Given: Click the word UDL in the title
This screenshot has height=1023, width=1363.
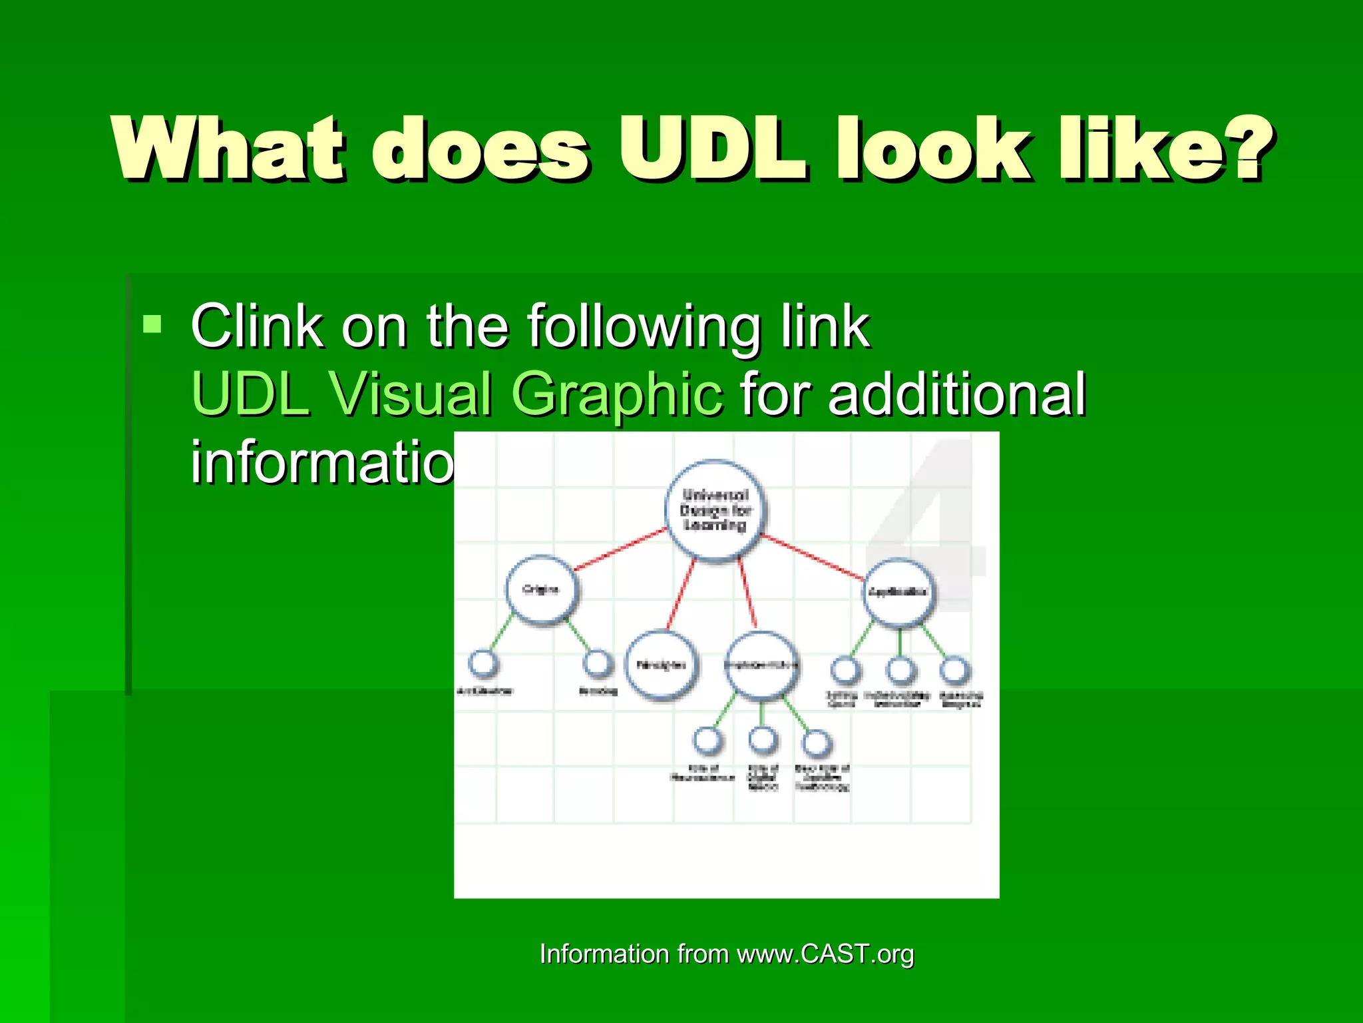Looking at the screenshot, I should click(x=712, y=149).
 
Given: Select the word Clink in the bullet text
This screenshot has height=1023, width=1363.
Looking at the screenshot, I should click(x=257, y=326).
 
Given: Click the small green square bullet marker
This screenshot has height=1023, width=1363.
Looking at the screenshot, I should click(x=152, y=324).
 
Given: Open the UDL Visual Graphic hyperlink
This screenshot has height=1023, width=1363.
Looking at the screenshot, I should click(x=457, y=394).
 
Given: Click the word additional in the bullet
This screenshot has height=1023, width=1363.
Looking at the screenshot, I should click(x=957, y=394).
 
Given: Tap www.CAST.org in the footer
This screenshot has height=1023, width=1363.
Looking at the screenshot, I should click(x=825, y=954).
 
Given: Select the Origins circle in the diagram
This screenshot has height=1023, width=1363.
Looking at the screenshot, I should click(x=541, y=590).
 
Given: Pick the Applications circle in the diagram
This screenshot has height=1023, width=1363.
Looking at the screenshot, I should click(x=898, y=592).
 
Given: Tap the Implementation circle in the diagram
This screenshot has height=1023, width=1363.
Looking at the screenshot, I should click(x=761, y=665).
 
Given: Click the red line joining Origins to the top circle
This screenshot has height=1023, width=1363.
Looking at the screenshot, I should click(x=619, y=549).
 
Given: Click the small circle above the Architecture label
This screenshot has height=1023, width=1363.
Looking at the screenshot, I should click(x=483, y=663).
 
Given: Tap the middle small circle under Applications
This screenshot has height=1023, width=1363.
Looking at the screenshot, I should click(x=900, y=671).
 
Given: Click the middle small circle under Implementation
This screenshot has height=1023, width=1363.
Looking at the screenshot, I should click(x=763, y=740).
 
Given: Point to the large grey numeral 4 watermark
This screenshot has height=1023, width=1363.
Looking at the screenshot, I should click(x=932, y=526).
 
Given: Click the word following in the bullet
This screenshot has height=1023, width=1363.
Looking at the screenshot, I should click(x=644, y=326).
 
